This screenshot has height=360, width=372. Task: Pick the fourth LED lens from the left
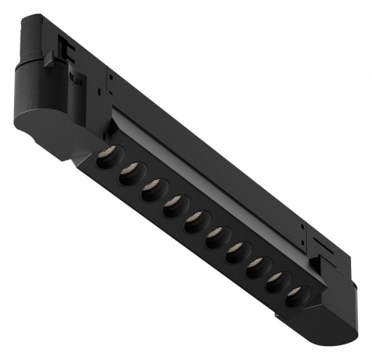tap(173, 207)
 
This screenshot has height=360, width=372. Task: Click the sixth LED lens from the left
tap(215, 236)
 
